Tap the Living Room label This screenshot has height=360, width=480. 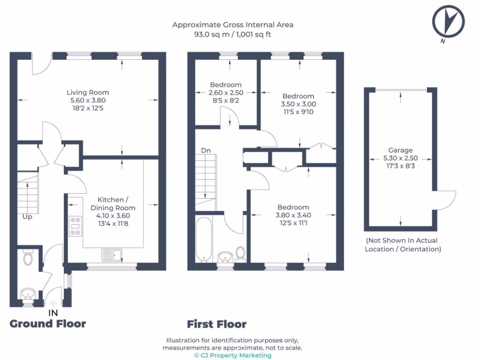click(88, 92)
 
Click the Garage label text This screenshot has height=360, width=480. click(400, 150)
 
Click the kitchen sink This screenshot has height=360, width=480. click(112, 255)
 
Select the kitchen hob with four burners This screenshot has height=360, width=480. click(75, 225)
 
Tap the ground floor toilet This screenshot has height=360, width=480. click(28, 256)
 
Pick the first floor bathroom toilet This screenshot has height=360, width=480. click(241, 254)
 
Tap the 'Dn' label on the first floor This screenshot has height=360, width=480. click(206, 150)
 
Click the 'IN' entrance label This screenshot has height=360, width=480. click(53, 312)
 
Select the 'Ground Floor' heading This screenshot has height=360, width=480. click(48, 323)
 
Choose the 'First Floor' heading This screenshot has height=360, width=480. click(217, 324)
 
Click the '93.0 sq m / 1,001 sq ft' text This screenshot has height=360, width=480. click(232, 34)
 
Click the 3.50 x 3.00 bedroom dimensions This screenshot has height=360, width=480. click(298, 104)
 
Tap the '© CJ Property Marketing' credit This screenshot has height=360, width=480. click(232, 355)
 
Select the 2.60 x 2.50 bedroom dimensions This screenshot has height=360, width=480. click(226, 93)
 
